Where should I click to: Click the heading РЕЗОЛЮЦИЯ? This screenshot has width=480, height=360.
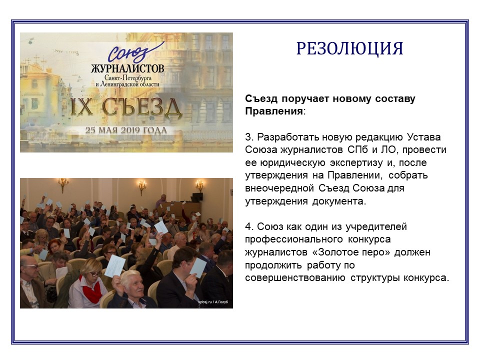tap(349, 48)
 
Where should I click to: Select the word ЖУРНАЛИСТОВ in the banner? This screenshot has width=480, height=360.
tap(127, 68)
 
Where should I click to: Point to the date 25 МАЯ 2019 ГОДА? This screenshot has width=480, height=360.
tap(126, 130)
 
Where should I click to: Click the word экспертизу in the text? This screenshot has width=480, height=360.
tap(356, 163)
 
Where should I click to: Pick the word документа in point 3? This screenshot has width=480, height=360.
tap(339, 201)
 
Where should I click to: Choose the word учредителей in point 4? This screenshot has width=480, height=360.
tap(376, 227)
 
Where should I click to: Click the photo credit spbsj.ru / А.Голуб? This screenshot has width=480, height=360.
tap(213, 302)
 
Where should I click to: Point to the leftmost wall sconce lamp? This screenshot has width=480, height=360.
tap(63, 185)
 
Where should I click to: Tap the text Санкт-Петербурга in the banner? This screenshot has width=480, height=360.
tap(128, 78)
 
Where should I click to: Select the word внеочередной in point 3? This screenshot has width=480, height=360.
tap(279, 188)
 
